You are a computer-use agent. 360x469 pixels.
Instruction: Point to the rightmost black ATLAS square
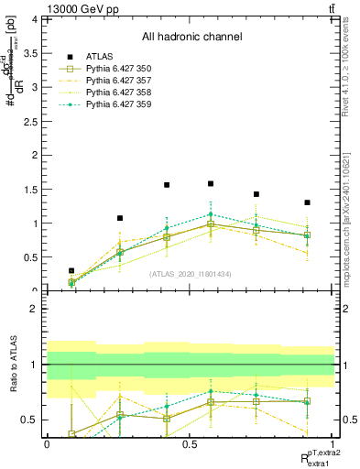tap(307, 202)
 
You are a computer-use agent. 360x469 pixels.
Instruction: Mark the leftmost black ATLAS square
tap(71, 271)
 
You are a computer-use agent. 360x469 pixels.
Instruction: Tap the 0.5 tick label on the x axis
tap(190, 443)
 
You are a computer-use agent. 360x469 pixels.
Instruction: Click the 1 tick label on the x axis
tap(333, 443)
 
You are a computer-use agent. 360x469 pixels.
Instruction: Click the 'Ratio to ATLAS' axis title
tap(12, 364)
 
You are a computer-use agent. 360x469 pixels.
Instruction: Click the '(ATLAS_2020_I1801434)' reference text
tap(190, 274)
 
